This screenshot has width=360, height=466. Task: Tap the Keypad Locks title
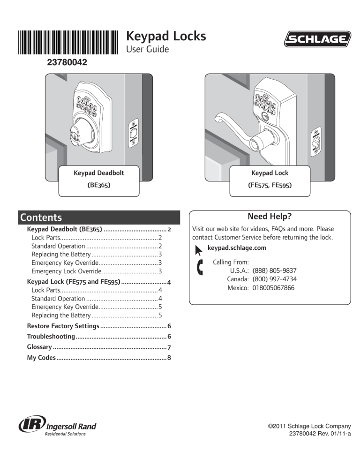[166, 36]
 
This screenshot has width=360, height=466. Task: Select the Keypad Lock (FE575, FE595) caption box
[270, 179]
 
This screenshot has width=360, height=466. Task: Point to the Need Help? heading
[270, 217]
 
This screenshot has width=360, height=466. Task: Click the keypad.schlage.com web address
[236, 248]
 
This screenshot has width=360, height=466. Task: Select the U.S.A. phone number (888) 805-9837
[274, 271]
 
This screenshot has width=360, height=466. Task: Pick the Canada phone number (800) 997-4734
[274, 279]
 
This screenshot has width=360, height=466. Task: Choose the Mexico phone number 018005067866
[273, 288]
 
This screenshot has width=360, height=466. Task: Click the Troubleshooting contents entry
[51, 337]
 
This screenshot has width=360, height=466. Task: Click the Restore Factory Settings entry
[63, 326]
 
